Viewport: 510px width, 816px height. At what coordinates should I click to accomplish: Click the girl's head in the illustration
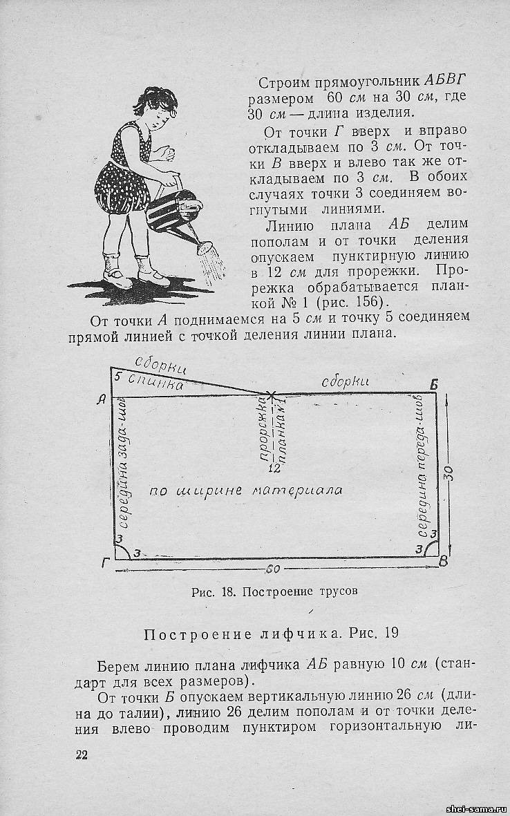(157, 109)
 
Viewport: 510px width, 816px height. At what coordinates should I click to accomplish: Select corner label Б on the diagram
(433, 385)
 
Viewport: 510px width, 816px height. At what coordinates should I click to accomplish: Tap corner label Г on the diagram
(105, 563)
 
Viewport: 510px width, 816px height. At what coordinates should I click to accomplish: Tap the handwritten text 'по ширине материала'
(246, 490)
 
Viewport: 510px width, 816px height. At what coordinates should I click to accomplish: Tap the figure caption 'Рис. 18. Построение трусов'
(275, 591)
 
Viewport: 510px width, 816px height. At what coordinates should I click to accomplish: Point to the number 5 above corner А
(117, 377)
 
